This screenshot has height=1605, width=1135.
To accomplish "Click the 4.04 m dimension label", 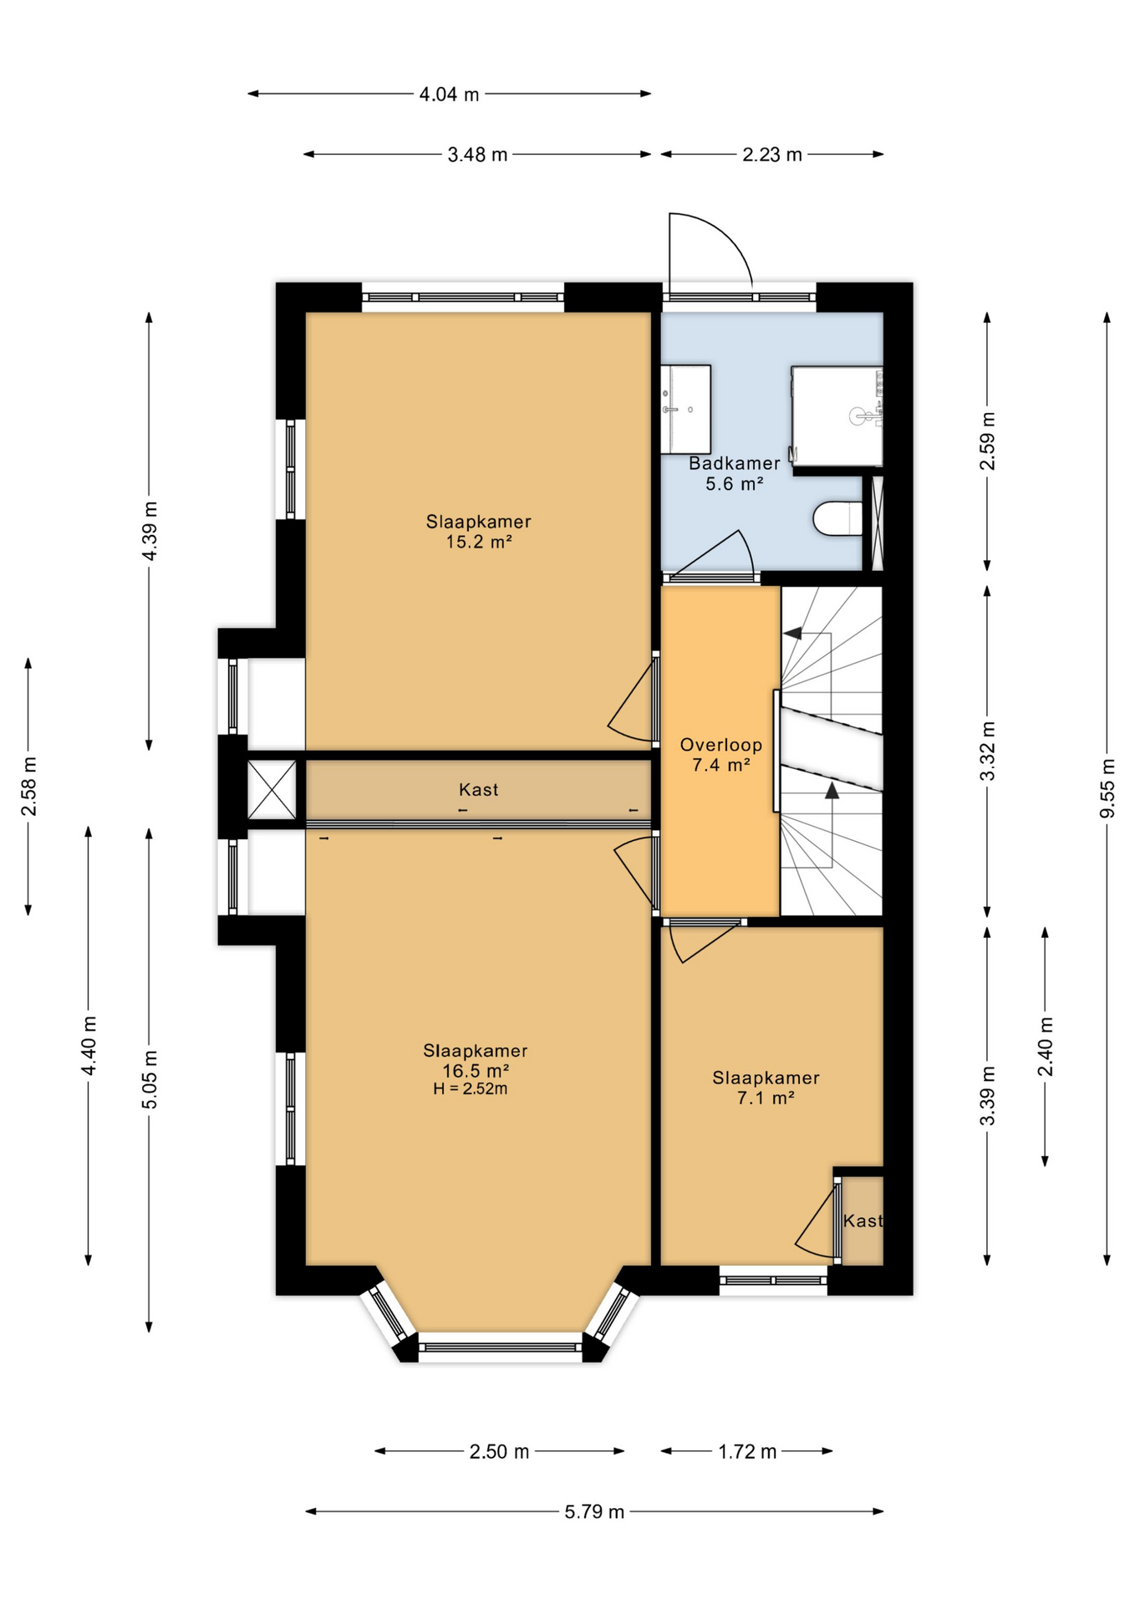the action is pos(449,94).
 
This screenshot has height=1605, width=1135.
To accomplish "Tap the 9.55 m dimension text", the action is pos(1107,788).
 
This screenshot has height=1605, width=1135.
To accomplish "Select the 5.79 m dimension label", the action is pos(594,1511).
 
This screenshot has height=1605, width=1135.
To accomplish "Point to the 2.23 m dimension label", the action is pos(772,155).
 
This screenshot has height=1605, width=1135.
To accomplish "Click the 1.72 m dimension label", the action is pos(747,1451).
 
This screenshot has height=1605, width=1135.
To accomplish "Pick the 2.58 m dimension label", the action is pos(28,787).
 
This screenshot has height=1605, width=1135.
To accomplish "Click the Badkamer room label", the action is pos(734,463).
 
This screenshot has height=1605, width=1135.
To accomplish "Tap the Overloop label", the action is pos(720,745).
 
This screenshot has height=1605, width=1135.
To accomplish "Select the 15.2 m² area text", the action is pos(478,542).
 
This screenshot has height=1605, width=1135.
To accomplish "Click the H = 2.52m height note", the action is pos(470,1089).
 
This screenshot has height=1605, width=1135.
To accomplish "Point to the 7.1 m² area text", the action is pos(765,1098).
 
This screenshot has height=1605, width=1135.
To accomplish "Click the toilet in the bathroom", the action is pos(837,518).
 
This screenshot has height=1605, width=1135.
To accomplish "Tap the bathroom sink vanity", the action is pos(686,409).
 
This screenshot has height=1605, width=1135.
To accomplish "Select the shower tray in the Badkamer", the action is pos(837,416).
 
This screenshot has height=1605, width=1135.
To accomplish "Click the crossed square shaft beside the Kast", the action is pos(272,789).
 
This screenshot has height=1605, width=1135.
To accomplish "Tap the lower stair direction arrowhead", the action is pos(832,790).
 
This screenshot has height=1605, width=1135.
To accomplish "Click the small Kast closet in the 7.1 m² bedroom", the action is pos(862,1220).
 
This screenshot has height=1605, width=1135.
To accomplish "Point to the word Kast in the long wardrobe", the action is pos(478,789).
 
